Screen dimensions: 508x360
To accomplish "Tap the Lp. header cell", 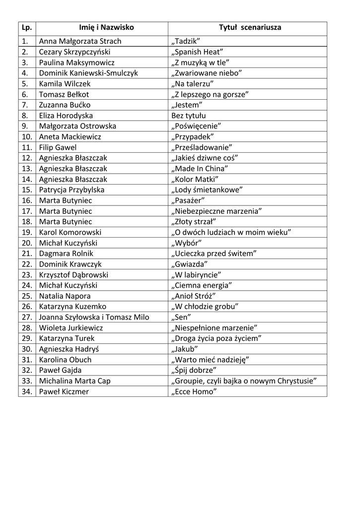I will pyautogui.click(x=27, y=28).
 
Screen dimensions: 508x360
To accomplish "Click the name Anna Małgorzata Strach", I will pyautogui.click(x=80, y=41).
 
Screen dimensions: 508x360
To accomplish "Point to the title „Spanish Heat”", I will pyautogui.click(x=197, y=52).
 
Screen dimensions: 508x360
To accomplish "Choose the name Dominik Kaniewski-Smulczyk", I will pyautogui.click(x=88, y=73).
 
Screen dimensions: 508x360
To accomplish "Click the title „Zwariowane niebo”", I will pyautogui.click(x=206, y=73).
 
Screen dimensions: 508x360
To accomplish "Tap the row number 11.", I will pyautogui.click(x=27, y=147).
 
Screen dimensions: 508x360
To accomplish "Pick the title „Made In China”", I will pyautogui.click(x=199, y=169).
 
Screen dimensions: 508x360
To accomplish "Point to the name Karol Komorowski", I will pyautogui.click(x=70, y=232).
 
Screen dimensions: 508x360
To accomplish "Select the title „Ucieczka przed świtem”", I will pyautogui.click(x=214, y=254).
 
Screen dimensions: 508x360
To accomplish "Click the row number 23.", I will pyautogui.click(x=27, y=275).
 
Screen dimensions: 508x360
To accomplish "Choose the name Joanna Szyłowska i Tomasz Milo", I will pyautogui.click(x=94, y=317).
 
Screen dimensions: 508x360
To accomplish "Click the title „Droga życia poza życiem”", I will pyautogui.click(x=216, y=338).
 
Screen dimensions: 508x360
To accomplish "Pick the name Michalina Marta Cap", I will pyautogui.click(x=74, y=381).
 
